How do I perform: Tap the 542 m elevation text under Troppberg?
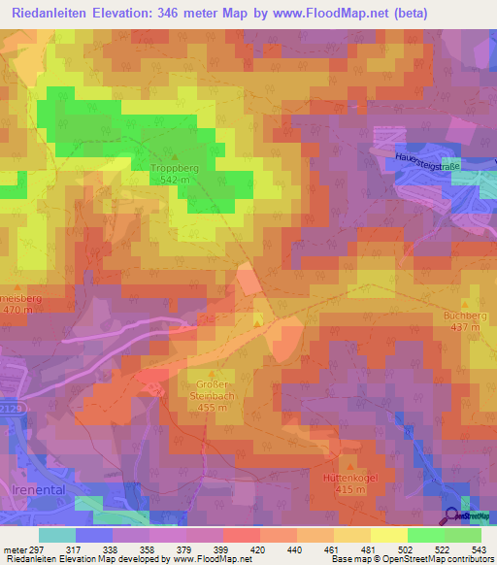tap(175, 180)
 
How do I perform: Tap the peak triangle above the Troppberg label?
tap(175, 156)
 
